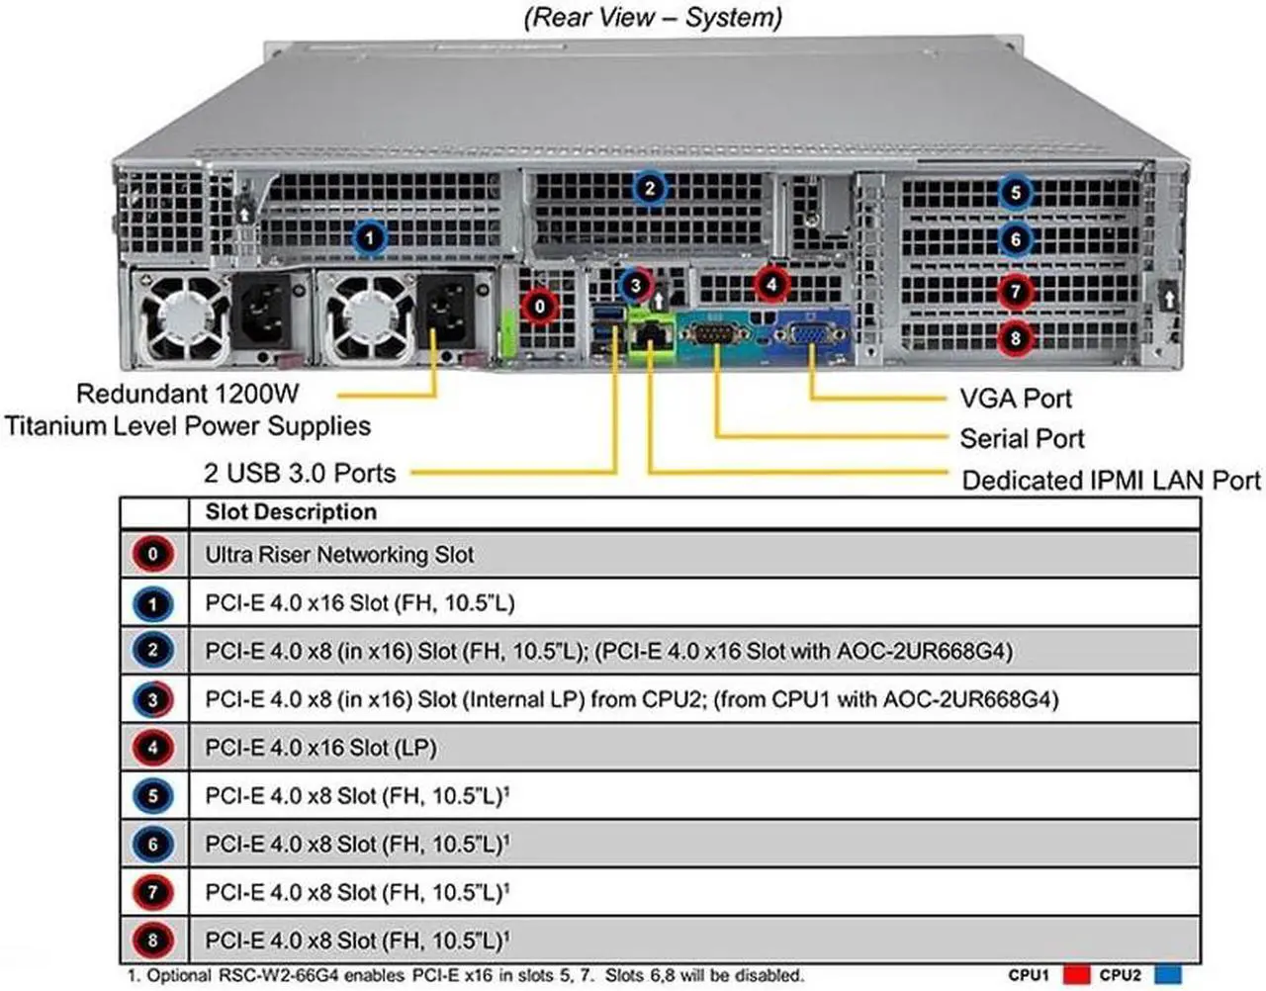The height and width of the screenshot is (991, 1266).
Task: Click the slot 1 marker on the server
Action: [369, 237]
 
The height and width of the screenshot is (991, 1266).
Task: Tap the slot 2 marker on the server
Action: [649, 188]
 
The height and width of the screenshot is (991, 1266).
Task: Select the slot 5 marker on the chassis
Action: [1015, 192]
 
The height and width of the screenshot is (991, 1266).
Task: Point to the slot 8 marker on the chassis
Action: [1015, 338]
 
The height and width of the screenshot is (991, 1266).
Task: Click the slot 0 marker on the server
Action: [539, 307]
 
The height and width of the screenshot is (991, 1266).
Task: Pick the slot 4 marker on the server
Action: [771, 285]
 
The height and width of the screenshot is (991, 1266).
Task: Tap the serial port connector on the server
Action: [716, 333]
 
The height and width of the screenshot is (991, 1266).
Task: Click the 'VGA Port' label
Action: [1016, 399]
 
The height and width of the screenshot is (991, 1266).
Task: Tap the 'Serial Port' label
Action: [1022, 438]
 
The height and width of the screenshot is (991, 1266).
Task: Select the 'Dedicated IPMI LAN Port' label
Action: [1111, 481]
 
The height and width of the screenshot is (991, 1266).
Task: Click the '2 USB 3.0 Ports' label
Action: [300, 473]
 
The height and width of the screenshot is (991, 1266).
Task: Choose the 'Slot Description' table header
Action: [291, 512]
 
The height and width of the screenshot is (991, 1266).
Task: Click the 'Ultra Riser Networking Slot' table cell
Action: [339, 555]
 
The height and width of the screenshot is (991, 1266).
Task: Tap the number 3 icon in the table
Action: [152, 699]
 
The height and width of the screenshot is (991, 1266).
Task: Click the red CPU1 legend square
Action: [1075, 975]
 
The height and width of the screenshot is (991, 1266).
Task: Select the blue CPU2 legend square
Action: [1168, 975]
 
